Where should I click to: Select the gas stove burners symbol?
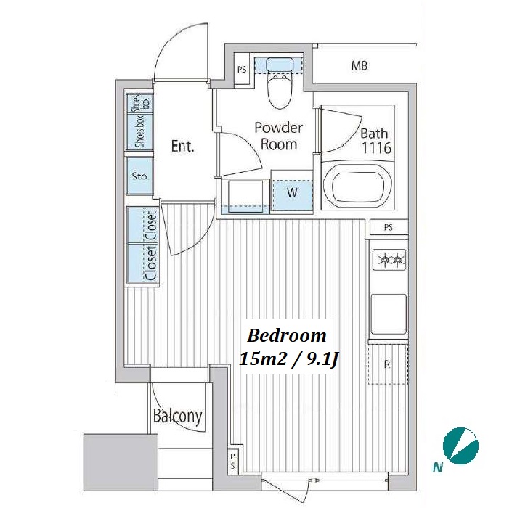coord(389,259)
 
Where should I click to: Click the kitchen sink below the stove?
coord(389,313)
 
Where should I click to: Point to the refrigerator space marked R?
coord(388,364)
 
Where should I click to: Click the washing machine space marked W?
coord(292,194)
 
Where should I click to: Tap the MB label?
coord(360,66)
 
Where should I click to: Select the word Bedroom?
coord(287,336)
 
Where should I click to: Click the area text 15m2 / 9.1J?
coord(288,360)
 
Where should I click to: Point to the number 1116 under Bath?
coord(376,148)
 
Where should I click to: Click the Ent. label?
coord(183,146)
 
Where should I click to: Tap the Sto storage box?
coord(139,176)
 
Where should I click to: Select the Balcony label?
coord(177,416)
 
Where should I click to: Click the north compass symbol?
coord(460,444)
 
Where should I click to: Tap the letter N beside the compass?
coord(437,467)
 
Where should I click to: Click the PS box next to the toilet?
coord(242,70)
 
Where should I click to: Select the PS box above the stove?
coord(389,227)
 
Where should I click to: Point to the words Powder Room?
coord(278,136)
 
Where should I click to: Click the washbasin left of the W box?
coord(245,197)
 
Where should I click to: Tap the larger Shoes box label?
coord(139,131)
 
